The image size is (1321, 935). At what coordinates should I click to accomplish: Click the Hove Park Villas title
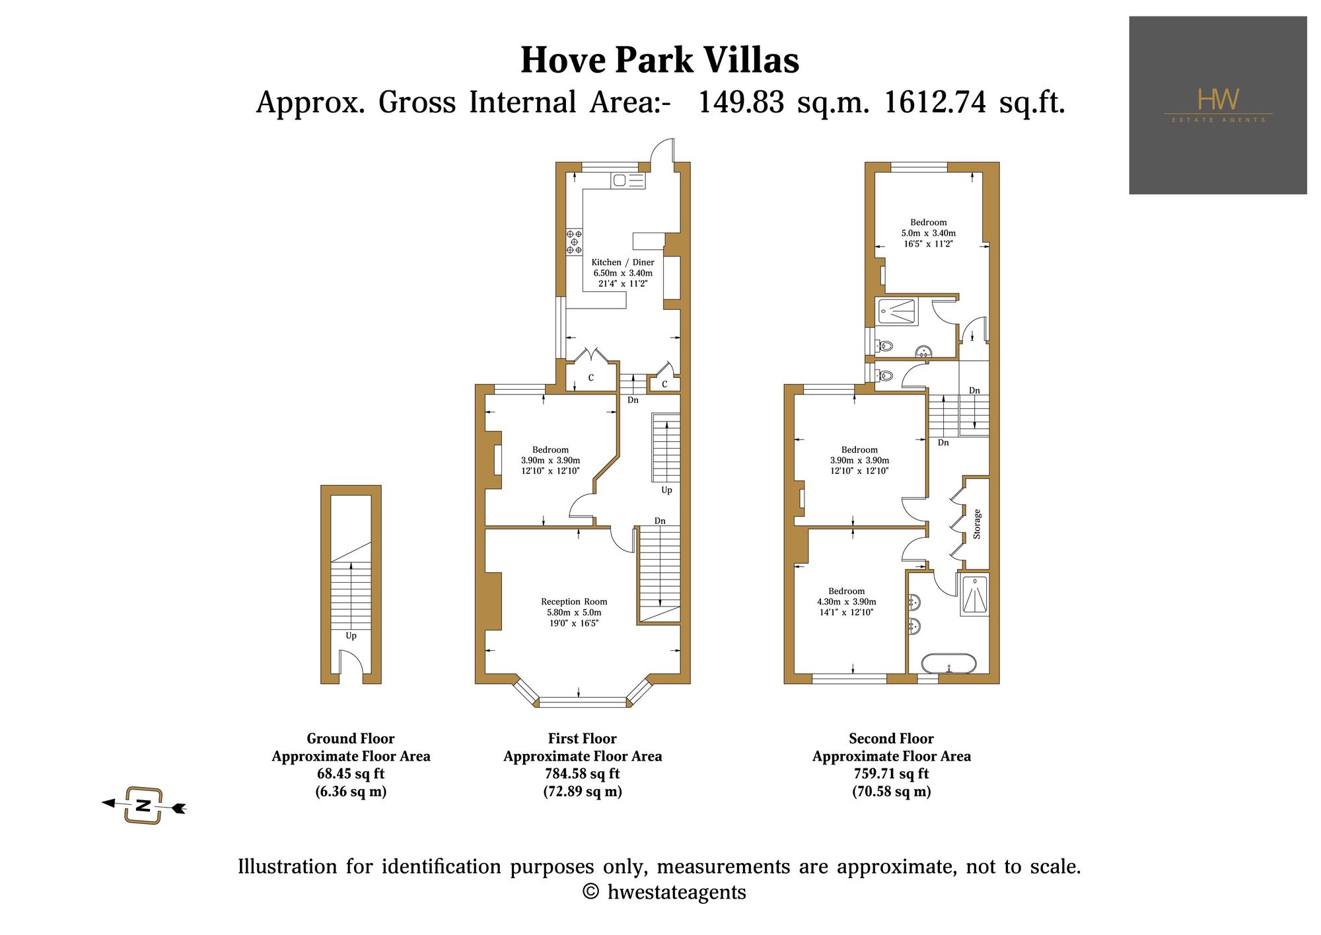tap(660, 60)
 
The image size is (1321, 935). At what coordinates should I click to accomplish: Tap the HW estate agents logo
tap(1218, 105)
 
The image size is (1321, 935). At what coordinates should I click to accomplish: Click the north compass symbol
tap(143, 805)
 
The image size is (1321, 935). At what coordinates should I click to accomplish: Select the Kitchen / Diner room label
tap(623, 262)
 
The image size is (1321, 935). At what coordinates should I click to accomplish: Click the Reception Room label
tap(574, 602)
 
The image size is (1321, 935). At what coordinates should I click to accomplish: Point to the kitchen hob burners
tap(574, 242)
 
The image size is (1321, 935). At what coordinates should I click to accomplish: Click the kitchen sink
tap(628, 180)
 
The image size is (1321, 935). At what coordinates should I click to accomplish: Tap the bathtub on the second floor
tap(948, 663)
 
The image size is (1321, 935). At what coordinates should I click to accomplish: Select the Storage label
tap(977, 524)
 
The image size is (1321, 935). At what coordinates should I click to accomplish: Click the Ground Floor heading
tap(351, 739)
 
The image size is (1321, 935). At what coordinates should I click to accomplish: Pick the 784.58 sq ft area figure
tap(583, 774)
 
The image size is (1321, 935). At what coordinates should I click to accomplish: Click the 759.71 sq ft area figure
tap(892, 774)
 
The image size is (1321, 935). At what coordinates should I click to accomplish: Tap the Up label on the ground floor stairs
tap(351, 636)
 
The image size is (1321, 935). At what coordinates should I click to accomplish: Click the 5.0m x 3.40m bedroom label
tap(929, 233)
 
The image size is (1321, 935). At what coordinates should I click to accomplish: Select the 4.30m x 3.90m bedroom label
tap(847, 602)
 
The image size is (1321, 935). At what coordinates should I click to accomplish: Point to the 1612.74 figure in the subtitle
tap(935, 102)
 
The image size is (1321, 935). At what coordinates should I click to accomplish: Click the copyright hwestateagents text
tap(664, 893)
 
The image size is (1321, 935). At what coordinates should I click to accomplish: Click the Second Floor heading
tap(892, 739)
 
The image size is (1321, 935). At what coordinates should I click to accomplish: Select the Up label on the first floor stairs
tap(667, 490)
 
